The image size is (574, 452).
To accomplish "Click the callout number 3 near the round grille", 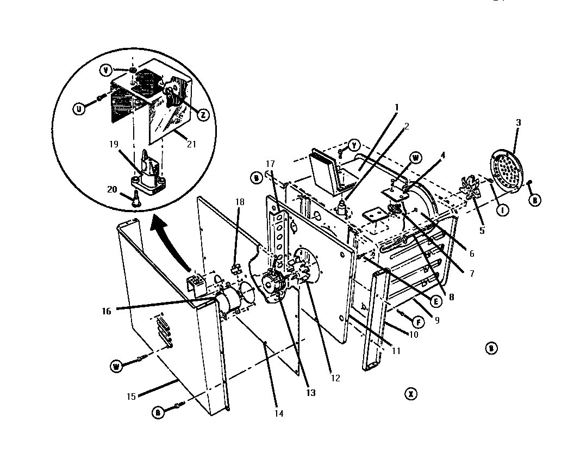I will [x=518, y=123].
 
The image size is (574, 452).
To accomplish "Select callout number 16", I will [x=106, y=311].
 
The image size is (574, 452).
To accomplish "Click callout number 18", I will [x=240, y=202].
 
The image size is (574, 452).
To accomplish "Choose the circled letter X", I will [x=411, y=393].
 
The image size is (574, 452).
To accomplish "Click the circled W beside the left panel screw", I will [x=115, y=366].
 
